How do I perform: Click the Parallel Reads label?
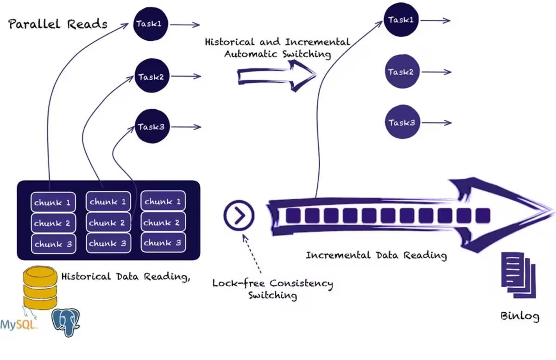58,24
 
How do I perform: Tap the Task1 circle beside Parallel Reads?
151,24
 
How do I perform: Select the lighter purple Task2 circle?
402,71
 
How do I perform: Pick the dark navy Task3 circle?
152,126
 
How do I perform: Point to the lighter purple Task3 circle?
402,122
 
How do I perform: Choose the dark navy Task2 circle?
152,76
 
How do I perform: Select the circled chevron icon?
239,215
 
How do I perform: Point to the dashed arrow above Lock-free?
252,254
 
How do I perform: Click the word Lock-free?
239,283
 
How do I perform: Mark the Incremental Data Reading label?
376,255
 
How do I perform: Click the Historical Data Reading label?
126,277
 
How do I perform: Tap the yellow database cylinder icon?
40,288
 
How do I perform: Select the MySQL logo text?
18,324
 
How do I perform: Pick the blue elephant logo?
65,322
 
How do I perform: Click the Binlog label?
520,316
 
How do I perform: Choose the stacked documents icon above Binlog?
518,275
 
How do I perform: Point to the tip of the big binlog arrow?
554,210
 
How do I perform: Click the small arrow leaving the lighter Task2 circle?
436,72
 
